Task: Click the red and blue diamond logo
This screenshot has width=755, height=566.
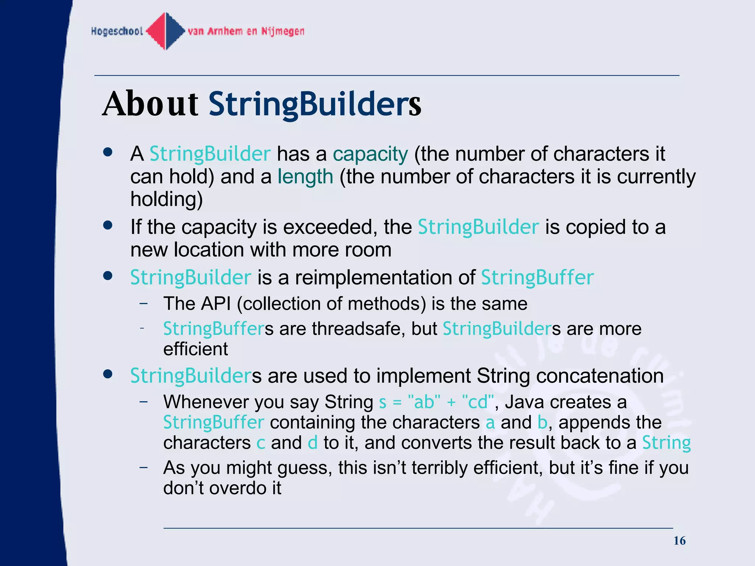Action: (166, 31)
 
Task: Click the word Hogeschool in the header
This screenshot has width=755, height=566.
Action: (117, 31)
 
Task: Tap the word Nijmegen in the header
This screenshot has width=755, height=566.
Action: (283, 31)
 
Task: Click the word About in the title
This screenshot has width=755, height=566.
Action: (150, 104)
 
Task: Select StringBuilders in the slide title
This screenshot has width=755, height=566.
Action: (315, 104)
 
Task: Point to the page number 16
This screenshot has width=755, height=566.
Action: (679, 541)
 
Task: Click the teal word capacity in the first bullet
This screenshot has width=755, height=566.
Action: (370, 154)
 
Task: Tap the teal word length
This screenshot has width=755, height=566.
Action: (305, 177)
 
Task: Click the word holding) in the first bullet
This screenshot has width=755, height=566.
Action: (167, 199)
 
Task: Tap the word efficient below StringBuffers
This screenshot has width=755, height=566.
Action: (195, 349)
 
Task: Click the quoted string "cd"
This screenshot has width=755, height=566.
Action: (477, 402)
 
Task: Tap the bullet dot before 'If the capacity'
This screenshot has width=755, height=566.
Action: (108, 225)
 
